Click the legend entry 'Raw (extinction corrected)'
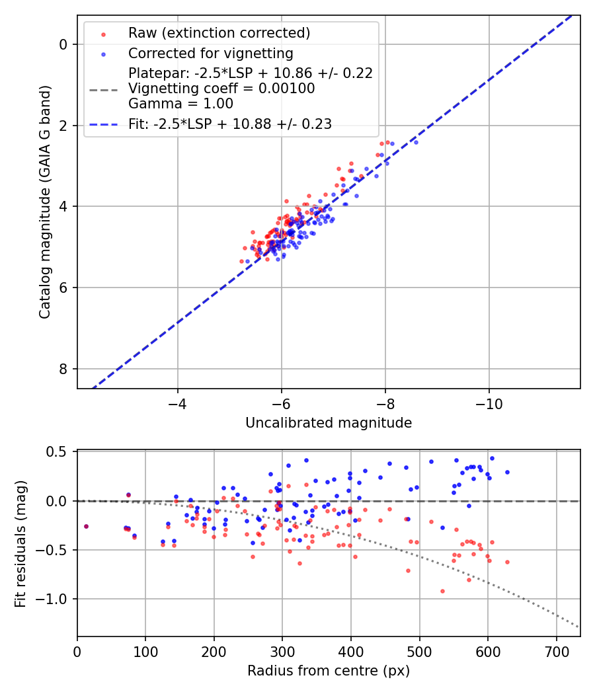[x=219, y=33]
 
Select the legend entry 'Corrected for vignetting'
[x=211, y=53]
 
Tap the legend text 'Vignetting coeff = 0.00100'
[x=221, y=89]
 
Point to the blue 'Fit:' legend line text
[x=230, y=124]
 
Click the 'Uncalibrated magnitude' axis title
[x=329, y=423]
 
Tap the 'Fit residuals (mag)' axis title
[x=20, y=543]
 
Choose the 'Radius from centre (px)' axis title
[x=329, y=671]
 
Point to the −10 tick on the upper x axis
[x=489, y=403]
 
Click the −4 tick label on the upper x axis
[x=177, y=403]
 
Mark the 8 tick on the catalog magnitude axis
[x=63, y=369]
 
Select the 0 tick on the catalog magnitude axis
[x=63, y=44]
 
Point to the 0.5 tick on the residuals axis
[x=60, y=452]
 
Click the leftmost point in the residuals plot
[x=86, y=526]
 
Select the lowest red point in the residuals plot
[x=442, y=591]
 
